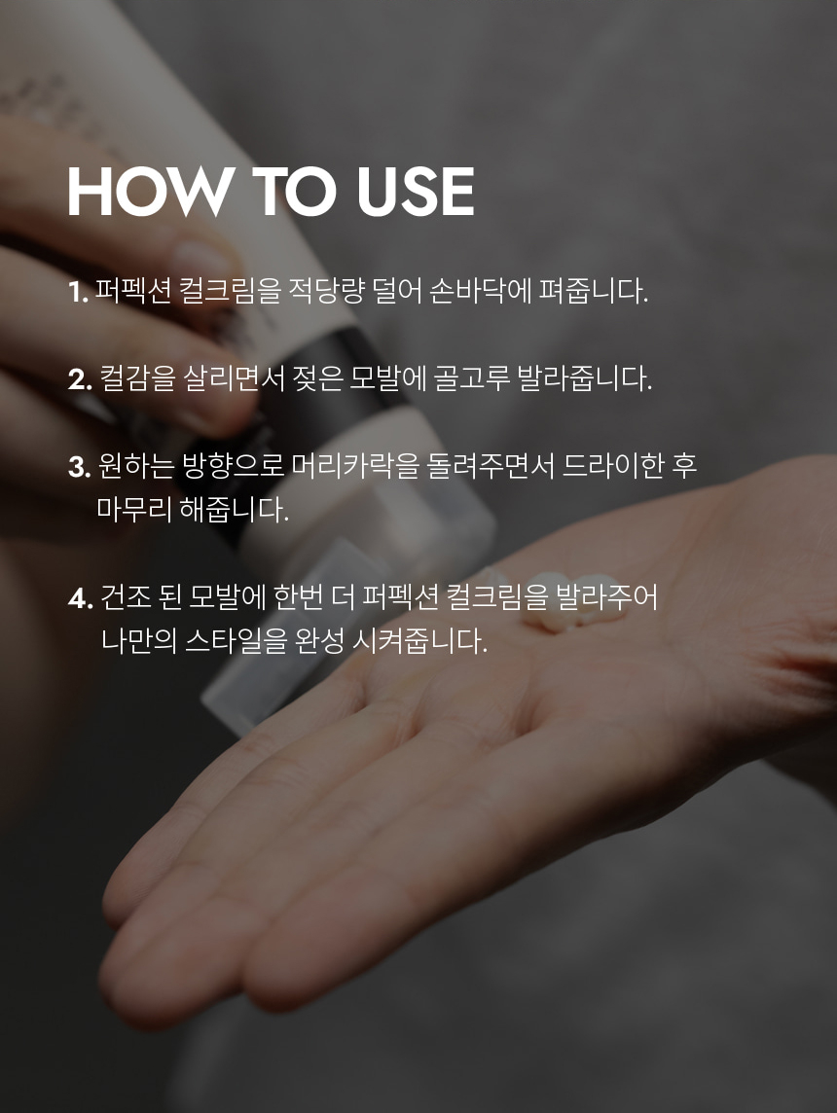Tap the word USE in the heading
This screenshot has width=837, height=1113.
(416, 192)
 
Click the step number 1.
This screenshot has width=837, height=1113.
(78, 292)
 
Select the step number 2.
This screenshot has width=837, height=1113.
(80, 379)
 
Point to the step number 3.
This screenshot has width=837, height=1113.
(80, 467)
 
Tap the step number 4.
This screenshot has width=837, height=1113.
(81, 598)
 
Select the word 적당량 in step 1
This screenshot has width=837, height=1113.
(327, 291)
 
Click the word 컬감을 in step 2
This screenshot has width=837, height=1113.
(136, 378)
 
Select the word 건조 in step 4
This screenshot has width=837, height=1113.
(125, 597)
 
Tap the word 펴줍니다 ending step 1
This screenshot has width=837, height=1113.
(594, 291)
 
